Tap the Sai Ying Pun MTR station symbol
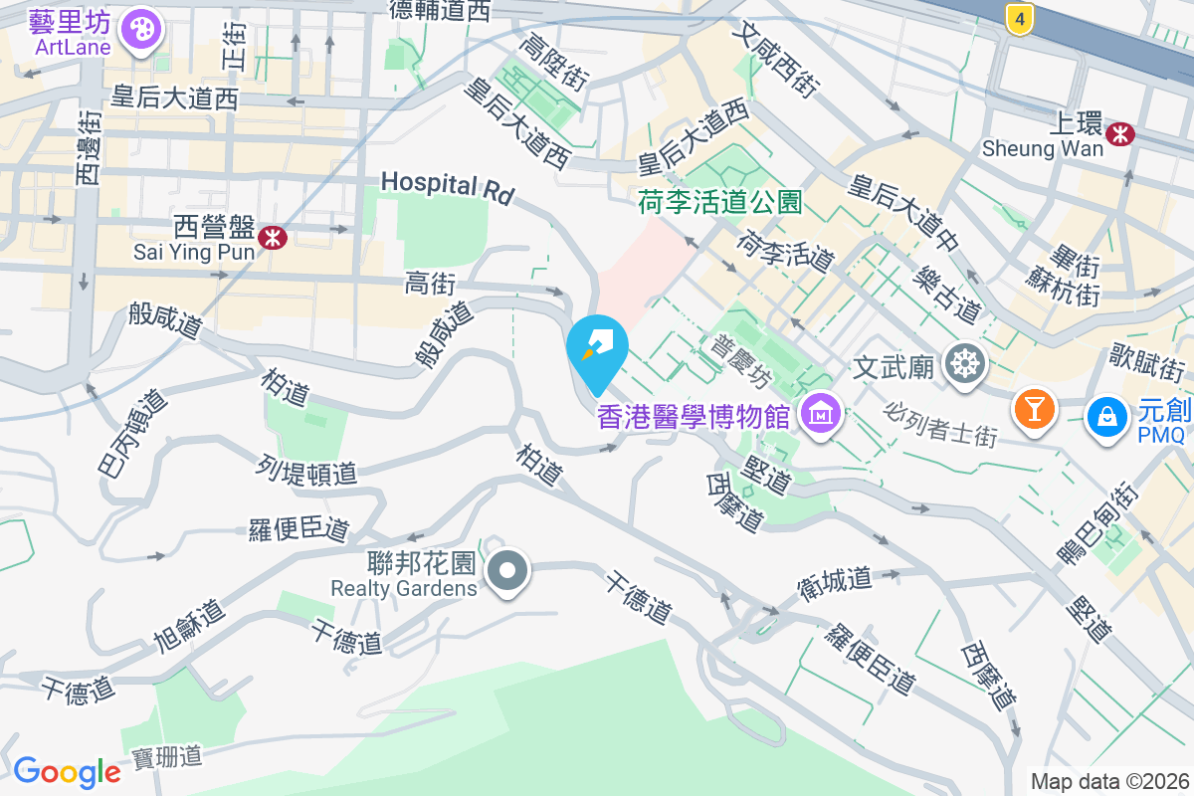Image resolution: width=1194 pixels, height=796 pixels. [x=272, y=237]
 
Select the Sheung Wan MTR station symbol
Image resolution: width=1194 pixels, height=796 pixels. [x=1121, y=133]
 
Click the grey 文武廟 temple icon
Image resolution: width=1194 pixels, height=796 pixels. [x=963, y=365]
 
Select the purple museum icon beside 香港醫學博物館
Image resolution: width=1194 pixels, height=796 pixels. [x=824, y=413]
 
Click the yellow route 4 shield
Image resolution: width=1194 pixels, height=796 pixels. [x=1017, y=18]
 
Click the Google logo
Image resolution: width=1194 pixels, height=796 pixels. [x=67, y=772]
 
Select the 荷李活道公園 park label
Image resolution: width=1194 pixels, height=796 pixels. [x=719, y=203]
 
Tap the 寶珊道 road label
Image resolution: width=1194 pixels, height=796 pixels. [x=166, y=757]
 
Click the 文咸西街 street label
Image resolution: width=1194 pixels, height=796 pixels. [x=773, y=61]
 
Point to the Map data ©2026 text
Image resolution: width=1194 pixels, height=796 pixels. [x=1109, y=781]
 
